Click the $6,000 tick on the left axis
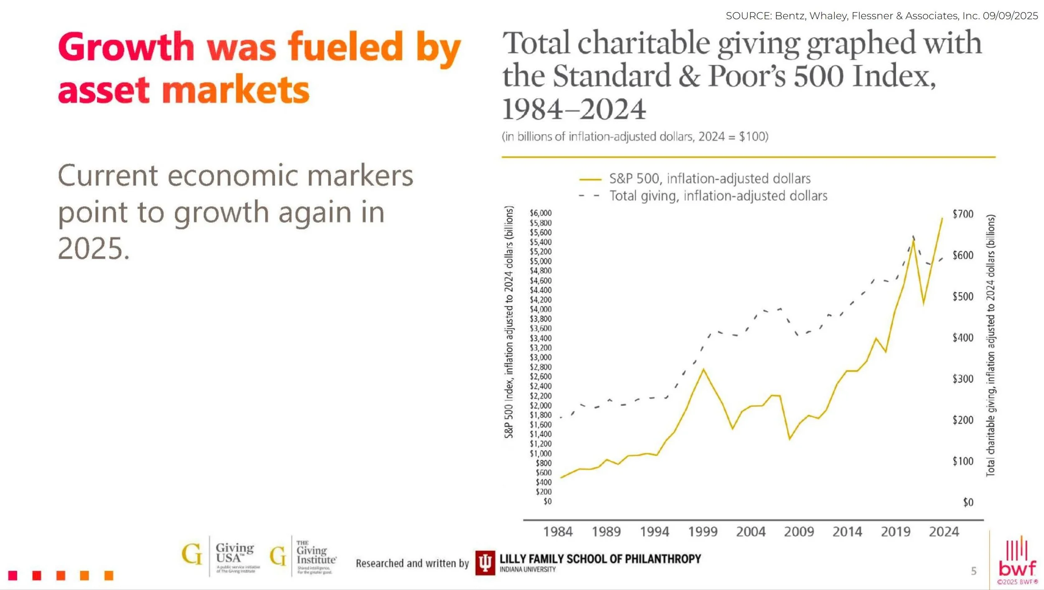[540, 213]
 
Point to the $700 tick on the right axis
[963, 214]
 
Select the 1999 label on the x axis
[703, 532]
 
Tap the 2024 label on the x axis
[944, 532]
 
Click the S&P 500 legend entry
[709, 179]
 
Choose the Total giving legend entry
[717, 196]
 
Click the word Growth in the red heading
[126, 47]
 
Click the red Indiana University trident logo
[485, 562]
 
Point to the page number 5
[973, 571]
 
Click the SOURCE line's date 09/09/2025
[1010, 16]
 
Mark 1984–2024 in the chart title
[574, 109]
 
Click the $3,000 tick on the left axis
[540, 358]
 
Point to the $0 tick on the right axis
[968, 502]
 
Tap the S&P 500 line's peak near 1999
[703, 369]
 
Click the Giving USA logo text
[234, 553]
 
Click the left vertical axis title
[509, 322]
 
